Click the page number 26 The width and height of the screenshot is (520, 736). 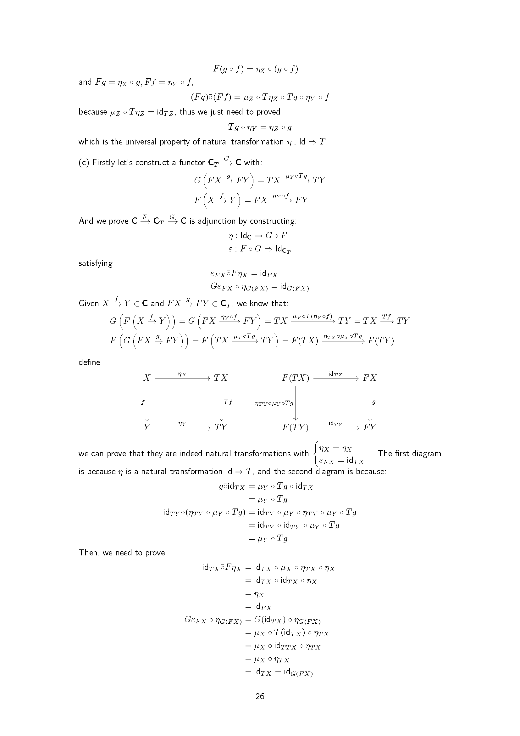click(260, 696)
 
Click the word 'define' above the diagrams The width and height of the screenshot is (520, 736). click(89, 362)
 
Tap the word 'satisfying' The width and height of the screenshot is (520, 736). click(96, 263)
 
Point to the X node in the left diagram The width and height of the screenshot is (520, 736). click(147, 378)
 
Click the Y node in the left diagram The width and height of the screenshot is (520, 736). click(147, 427)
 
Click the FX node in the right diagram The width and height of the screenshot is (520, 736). click(369, 378)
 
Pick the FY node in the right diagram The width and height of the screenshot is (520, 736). click(369, 427)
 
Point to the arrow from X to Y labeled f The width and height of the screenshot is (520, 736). click(147, 402)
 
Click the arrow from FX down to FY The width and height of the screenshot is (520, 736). click(370, 402)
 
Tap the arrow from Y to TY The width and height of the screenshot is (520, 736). click(182, 428)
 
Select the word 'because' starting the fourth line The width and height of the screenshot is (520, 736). click(93, 112)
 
